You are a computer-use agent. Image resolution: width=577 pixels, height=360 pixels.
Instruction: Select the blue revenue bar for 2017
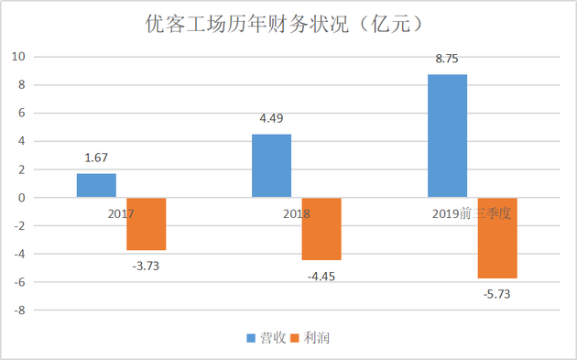click(x=96, y=185)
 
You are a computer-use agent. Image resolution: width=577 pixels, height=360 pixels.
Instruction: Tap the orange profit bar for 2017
click(x=147, y=224)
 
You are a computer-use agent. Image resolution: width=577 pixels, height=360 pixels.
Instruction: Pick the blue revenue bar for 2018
click(x=271, y=166)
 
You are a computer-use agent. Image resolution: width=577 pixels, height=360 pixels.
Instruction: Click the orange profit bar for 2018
click(x=321, y=229)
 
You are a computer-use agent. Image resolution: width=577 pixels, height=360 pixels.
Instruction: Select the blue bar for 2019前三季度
click(x=447, y=136)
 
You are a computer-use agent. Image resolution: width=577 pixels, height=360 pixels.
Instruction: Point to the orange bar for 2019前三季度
click(x=497, y=238)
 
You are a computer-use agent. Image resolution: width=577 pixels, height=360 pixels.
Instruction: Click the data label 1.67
click(x=97, y=158)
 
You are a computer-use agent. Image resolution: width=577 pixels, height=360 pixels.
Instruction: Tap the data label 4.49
click(x=272, y=118)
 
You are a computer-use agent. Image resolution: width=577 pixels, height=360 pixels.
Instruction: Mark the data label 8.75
click(x=447, y=59)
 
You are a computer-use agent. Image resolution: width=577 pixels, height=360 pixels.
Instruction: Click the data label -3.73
click(x=147, y=266)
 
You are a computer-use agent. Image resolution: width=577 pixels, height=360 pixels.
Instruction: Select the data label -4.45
click(x=321, y=276)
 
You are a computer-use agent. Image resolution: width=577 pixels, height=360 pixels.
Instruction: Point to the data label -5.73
click(x=497, y=294)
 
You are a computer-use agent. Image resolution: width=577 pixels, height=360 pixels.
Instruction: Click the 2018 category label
click(x=295, y=213)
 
